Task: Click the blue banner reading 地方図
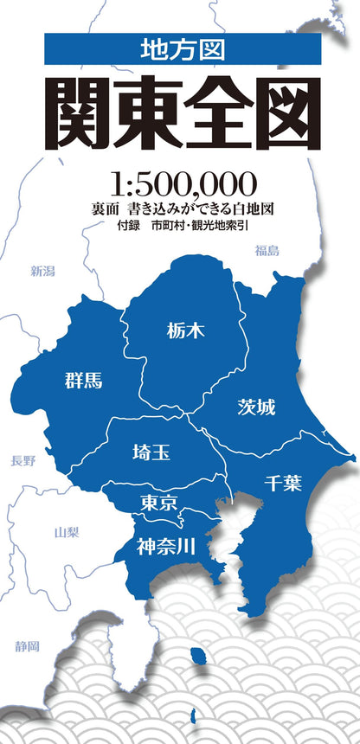click(x=182, y=50)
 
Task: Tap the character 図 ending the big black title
click(x=284, y=115)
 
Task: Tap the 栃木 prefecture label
click(x=186, y=330)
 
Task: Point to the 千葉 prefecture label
click(x=283, y=483)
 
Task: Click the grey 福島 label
click(x=267, y=251)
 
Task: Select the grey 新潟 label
click(x=42, y=272)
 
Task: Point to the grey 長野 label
click(x=23, y=461)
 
